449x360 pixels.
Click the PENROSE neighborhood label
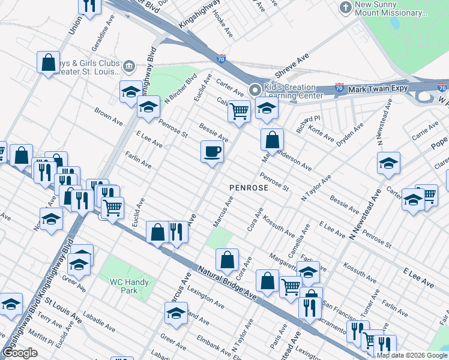pyautogui.click(x=249, y=188)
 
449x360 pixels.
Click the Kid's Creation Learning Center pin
pyautogui.click(x=255, y=90)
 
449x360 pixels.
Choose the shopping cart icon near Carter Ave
pyautogui.click(x=239, y=111)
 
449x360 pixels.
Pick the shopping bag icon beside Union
pyautogui.click(x=48, y=62)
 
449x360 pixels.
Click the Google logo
pyautogui.click(x=20, y=353)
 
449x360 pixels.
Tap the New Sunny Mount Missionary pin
pyautogui.click(x=345, y=8)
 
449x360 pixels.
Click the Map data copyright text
pyautogui.click(x=412, y=355)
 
